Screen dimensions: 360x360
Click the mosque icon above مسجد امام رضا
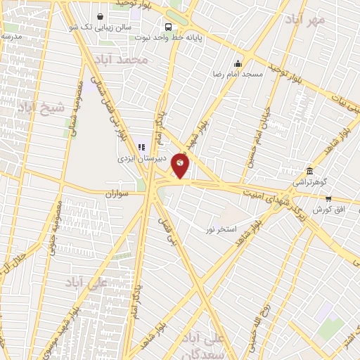coord(238,63)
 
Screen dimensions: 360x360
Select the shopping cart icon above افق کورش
coord(328,200)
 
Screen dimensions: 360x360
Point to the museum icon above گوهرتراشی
coord(310,171)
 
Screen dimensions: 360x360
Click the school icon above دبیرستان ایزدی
coord(141,148)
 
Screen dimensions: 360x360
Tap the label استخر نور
coord(219,229)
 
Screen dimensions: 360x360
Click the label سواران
coord(120,192)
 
